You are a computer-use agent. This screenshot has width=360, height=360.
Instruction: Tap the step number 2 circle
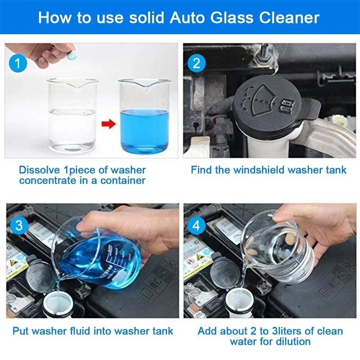[197, 64]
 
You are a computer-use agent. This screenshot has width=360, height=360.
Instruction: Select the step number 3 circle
[19, 226]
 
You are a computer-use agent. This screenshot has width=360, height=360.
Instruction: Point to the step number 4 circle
[197, 226]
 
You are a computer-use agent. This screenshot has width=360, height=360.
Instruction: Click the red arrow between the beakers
[108, 125]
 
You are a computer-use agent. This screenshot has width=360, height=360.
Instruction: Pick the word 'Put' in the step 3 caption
[21, 330]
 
